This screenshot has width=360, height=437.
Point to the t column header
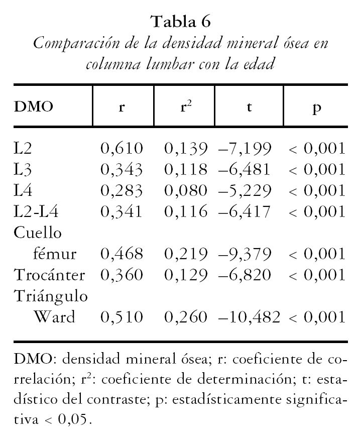(x=250, y=108)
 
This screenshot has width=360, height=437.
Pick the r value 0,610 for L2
(x=122, y=148)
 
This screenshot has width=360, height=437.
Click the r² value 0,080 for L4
(x=186, y=190)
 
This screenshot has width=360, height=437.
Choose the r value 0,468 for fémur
(x=122, y=254)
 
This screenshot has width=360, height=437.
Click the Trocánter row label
(x=49, y=275)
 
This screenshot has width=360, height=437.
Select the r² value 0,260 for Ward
(x=186, y=317)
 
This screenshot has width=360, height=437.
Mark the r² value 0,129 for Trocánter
(x=186, y=275)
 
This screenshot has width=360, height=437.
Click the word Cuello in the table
(x=38, y=233)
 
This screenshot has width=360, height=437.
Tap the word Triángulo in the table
(x=51, y=297)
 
